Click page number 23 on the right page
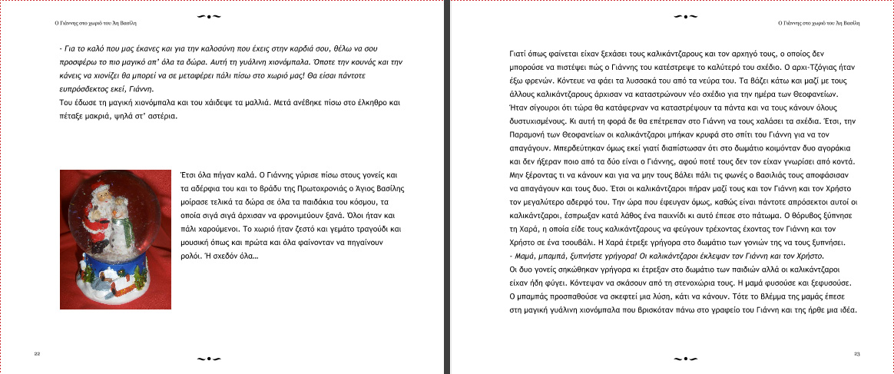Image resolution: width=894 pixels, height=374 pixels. click(856, 353)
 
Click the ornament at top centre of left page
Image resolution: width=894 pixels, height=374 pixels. click(210, 16)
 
